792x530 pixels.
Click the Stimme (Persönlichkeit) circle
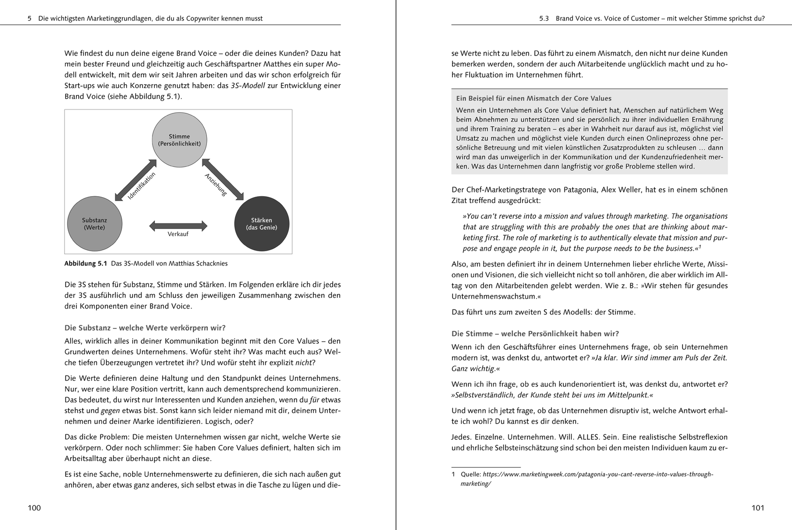(x=179, y=140)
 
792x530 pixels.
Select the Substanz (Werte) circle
(x=94, y=224)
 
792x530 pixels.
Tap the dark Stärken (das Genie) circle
(x=261, y=224)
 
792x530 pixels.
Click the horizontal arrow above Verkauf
(x=178, y=225)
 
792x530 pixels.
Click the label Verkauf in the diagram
(x=178, y=234)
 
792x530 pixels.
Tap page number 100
(x=34, y=508)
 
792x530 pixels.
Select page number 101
(x=758, y=508)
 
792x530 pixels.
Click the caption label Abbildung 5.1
(x=86, y=264)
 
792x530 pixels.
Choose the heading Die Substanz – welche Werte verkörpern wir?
(x=145, y=328)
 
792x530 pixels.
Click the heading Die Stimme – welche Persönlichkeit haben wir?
(x=535, y=334)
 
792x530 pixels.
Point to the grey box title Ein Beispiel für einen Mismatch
(x=534, y=99)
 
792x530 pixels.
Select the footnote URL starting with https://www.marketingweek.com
(x=598, y=475)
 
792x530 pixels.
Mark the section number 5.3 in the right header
(x=544, y=19)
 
